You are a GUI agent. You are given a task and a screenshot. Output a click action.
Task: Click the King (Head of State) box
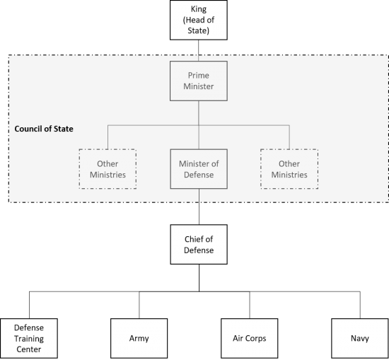[x=199, y=20]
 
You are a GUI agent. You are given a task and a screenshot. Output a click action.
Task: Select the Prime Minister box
[x=199, y=81]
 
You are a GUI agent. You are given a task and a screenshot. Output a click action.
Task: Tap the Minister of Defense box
[x=199, y=169]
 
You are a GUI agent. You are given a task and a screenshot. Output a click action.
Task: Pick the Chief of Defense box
[x=199, y=245]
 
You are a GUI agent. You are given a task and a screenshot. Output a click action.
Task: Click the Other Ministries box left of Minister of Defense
[x=108, y=169]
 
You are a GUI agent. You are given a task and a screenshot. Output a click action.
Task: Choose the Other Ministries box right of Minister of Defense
[x=289, y=169]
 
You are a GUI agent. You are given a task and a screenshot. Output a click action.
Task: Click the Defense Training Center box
[x=29, y=338]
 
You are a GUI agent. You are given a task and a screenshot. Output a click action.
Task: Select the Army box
[x=139, y=338]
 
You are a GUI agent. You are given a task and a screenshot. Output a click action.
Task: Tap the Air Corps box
[x=250, y=338]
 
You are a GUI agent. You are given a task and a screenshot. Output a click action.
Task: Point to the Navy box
[x=360, y=338]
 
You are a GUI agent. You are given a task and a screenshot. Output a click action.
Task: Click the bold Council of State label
[x=44, y=129]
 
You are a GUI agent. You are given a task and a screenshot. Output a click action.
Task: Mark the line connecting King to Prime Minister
[x=199, y=51]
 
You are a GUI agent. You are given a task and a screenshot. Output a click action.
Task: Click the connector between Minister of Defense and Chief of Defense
[x=199, y=207]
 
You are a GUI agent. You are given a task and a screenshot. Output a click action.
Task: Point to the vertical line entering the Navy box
[x=360, y=305]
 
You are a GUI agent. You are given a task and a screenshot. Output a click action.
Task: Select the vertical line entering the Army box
[x=139, y=305]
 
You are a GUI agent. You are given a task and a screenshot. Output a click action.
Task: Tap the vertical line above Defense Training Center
[x=29, y=305]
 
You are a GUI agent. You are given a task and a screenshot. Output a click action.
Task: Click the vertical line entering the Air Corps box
[x=250, y=305]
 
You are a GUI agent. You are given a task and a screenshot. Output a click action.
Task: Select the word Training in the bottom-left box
[x=29, y=339]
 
